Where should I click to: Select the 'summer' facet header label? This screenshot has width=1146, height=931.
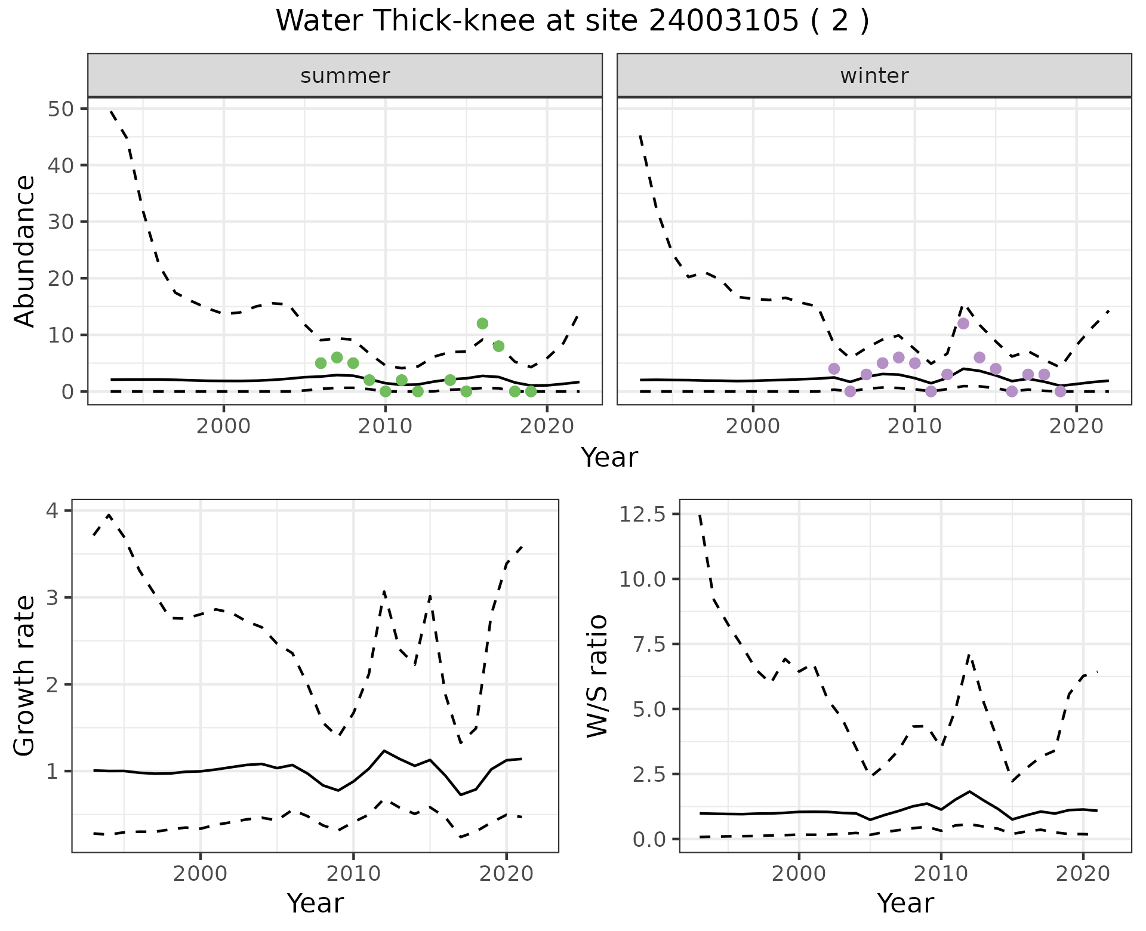[345, 76]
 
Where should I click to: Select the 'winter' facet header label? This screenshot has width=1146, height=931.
[874, 76]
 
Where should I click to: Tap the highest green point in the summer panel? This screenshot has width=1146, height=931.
[482, 323]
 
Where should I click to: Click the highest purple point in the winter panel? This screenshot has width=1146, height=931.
[963, 323]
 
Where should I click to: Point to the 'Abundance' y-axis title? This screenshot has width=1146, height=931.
[25, 251]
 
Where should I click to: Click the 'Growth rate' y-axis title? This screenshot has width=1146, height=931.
[25, 676]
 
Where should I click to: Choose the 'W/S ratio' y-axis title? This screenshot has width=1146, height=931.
[597, 676]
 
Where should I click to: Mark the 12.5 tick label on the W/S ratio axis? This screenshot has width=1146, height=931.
[642, 514]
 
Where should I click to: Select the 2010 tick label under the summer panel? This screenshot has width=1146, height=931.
[385, 427]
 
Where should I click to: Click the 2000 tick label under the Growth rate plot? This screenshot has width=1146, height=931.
[200, 874]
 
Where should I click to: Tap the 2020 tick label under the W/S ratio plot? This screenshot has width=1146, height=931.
[1083, 874]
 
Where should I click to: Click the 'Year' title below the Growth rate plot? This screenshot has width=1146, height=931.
[315, 904]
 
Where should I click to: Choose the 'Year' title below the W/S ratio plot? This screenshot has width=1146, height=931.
[905, 904]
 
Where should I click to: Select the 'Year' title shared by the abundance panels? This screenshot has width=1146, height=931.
[609, 458]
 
